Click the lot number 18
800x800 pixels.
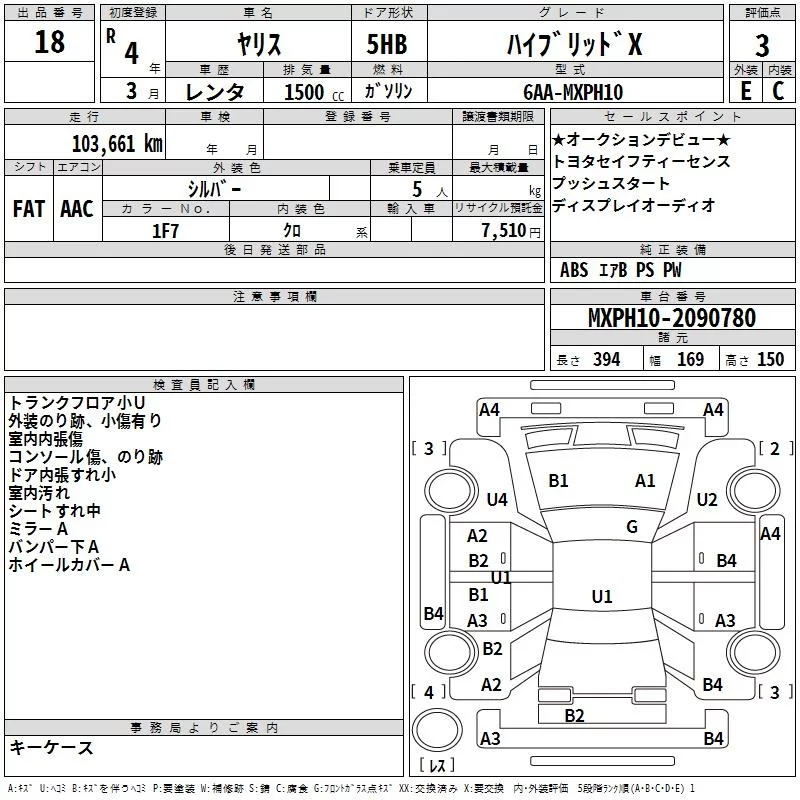tap(49, 43)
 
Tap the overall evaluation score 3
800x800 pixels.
tap(762, 45)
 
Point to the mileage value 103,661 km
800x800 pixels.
tap(116, 143)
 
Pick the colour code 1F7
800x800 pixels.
tap(165, 230)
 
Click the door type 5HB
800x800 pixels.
tap(387, 45)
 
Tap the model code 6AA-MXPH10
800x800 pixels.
tap(573, 92)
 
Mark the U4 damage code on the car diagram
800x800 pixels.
tap(497, 499)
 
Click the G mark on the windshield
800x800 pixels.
tap(632, 526)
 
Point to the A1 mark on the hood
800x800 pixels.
tap(645, 481)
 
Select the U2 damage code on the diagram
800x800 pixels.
tap(707, 499)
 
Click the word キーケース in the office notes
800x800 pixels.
tap(51, 747)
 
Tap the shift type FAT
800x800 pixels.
tap(28, 209)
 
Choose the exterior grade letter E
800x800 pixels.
tap(745, 92)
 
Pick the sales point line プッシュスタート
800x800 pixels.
tap(611, 183)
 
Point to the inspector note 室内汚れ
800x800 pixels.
tap(39, 493)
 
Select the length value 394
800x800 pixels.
tap(603, 360)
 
